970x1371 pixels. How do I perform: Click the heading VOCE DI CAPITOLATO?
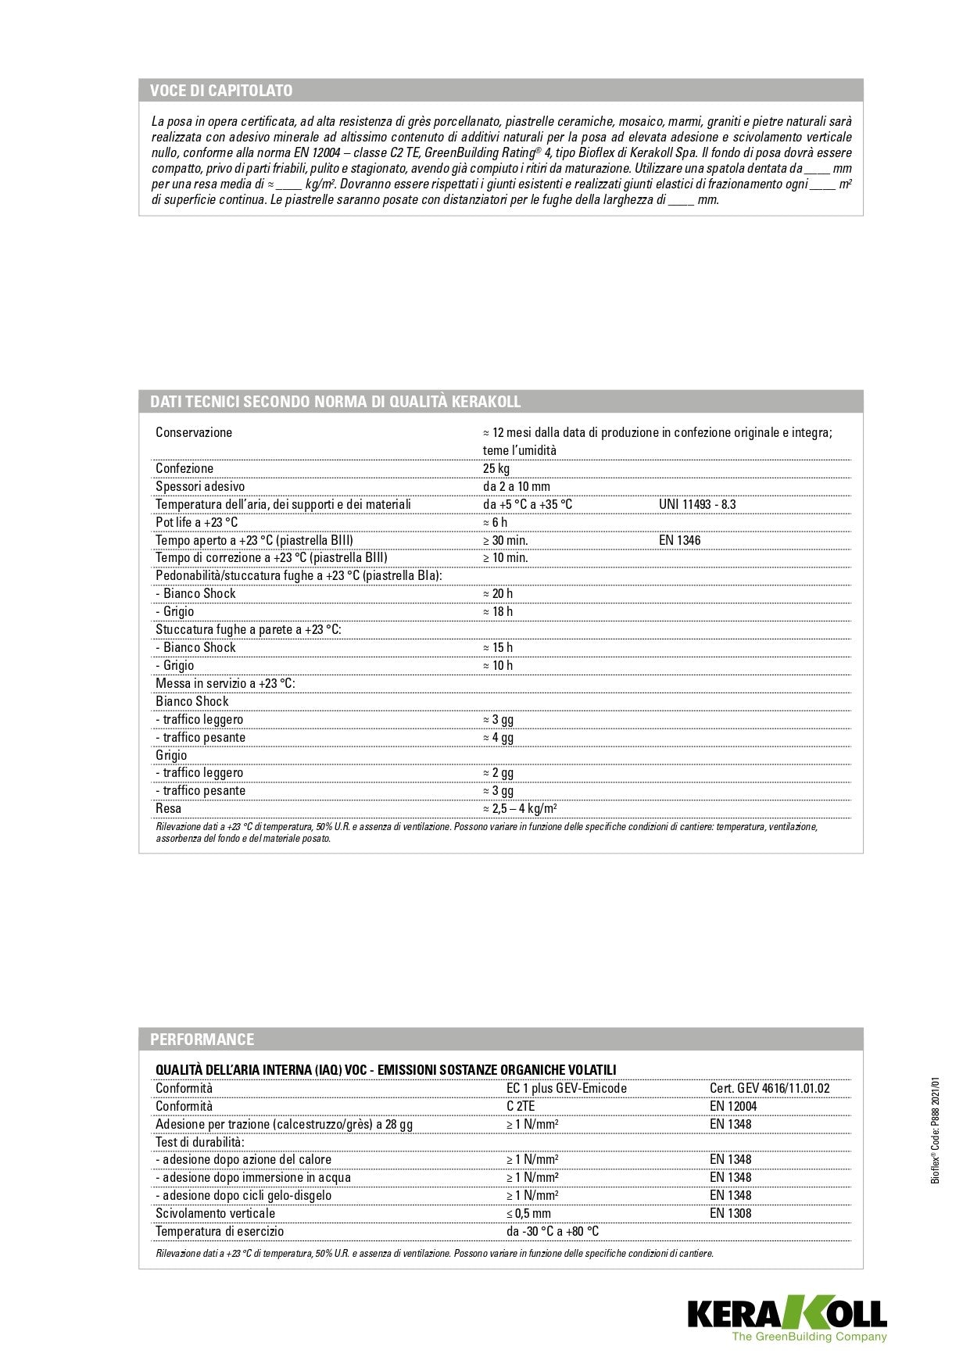(x=221, y=91)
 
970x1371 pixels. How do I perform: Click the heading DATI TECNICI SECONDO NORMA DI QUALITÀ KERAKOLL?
(x=335, y=402)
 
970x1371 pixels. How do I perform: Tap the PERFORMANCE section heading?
(x=202, y=1040)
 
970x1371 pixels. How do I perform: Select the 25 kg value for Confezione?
(x=496, y=469)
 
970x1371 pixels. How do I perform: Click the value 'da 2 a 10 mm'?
(x=517, y=487)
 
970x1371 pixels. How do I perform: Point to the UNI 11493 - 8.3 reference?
(x=697, y=505)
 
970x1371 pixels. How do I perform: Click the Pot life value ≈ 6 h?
(x=496, y=523)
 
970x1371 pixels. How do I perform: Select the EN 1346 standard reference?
(x=679, y=540)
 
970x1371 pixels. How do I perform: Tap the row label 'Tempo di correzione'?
(x=271, y=558)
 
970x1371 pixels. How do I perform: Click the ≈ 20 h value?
(x=498, y=594)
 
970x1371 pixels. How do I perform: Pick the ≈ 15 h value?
(x=498, y=648)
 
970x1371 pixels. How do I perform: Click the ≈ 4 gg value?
(x=499, y=738)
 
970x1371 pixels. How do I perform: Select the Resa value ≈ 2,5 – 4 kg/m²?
(x=520, y=809)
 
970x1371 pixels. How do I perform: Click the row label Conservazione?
(x=194, y=433)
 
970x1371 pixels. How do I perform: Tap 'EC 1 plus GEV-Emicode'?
(x=567, y=1089)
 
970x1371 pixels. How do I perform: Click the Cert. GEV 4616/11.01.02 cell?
(x=770, y=1089)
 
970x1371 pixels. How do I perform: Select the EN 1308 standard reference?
(x=731, y=1214)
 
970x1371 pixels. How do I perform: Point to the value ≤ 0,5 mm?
(x=528, y=1214)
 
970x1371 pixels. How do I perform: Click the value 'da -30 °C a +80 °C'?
(x=553, y=1232)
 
